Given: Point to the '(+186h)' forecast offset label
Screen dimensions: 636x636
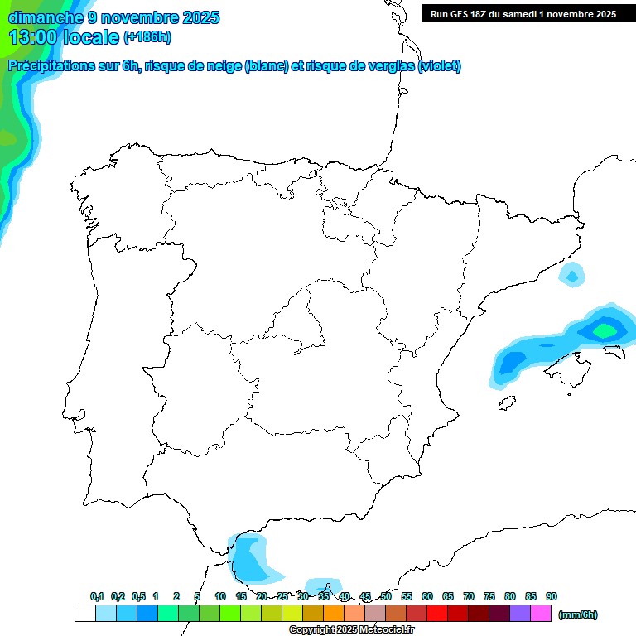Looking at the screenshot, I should coord(147,37).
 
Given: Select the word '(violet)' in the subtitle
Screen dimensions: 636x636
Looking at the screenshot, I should coord(440,66).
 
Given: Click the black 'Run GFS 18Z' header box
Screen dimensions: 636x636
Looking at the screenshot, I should coord(523,14).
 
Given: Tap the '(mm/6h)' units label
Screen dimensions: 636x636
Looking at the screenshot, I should coord(577,614).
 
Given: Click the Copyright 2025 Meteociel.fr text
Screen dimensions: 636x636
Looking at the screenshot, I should coord(351,630).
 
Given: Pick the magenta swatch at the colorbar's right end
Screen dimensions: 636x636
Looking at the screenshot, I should coord(541,614).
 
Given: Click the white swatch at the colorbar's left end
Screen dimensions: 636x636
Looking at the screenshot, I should coord(84,614).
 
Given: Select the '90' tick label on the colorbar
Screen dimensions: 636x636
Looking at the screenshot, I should coord(552,596).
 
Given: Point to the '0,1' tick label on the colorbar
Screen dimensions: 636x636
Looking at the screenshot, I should coord(97,596).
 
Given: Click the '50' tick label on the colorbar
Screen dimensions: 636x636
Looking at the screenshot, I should coord(386,596).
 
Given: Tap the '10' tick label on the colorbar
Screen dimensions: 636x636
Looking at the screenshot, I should coord(220,596).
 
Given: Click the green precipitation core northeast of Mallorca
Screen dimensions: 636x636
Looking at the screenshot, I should coord(605,330).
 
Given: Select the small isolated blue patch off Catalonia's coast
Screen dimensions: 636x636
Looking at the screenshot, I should coord(571,274).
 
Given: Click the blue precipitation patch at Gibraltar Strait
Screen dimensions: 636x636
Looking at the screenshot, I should coord(251,559).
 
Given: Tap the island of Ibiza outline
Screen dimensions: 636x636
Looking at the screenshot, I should coord(504,404).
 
